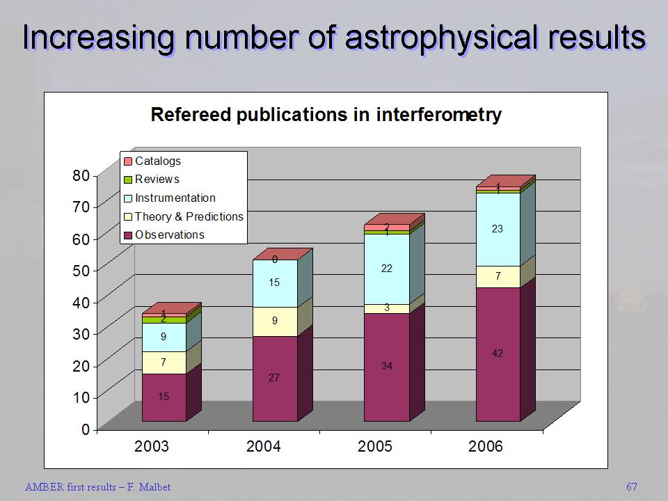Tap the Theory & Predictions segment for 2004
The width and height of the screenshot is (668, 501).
click(275, 321)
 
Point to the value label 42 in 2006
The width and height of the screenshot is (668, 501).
click(498, 353)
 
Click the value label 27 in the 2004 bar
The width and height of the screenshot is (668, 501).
click(275, 378)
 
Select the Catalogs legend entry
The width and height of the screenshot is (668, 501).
click(157, 161)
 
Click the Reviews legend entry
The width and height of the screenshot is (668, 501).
click(157, 180)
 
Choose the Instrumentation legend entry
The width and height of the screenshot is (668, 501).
click(175, 198)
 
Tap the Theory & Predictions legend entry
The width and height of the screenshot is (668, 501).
click(189, 216)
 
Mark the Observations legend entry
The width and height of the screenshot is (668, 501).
click(169, 234)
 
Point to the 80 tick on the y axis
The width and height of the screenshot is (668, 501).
click(81, 175)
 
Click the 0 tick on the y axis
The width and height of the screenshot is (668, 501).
click(86, 429)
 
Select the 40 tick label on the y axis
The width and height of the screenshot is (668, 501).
click(81, 303)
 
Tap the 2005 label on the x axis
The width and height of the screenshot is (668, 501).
click(375, 446)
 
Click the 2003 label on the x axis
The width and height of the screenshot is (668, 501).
click(152, 446)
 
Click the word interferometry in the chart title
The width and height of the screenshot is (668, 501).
click(438, 115)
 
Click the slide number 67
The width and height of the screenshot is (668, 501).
click(631, 486)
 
